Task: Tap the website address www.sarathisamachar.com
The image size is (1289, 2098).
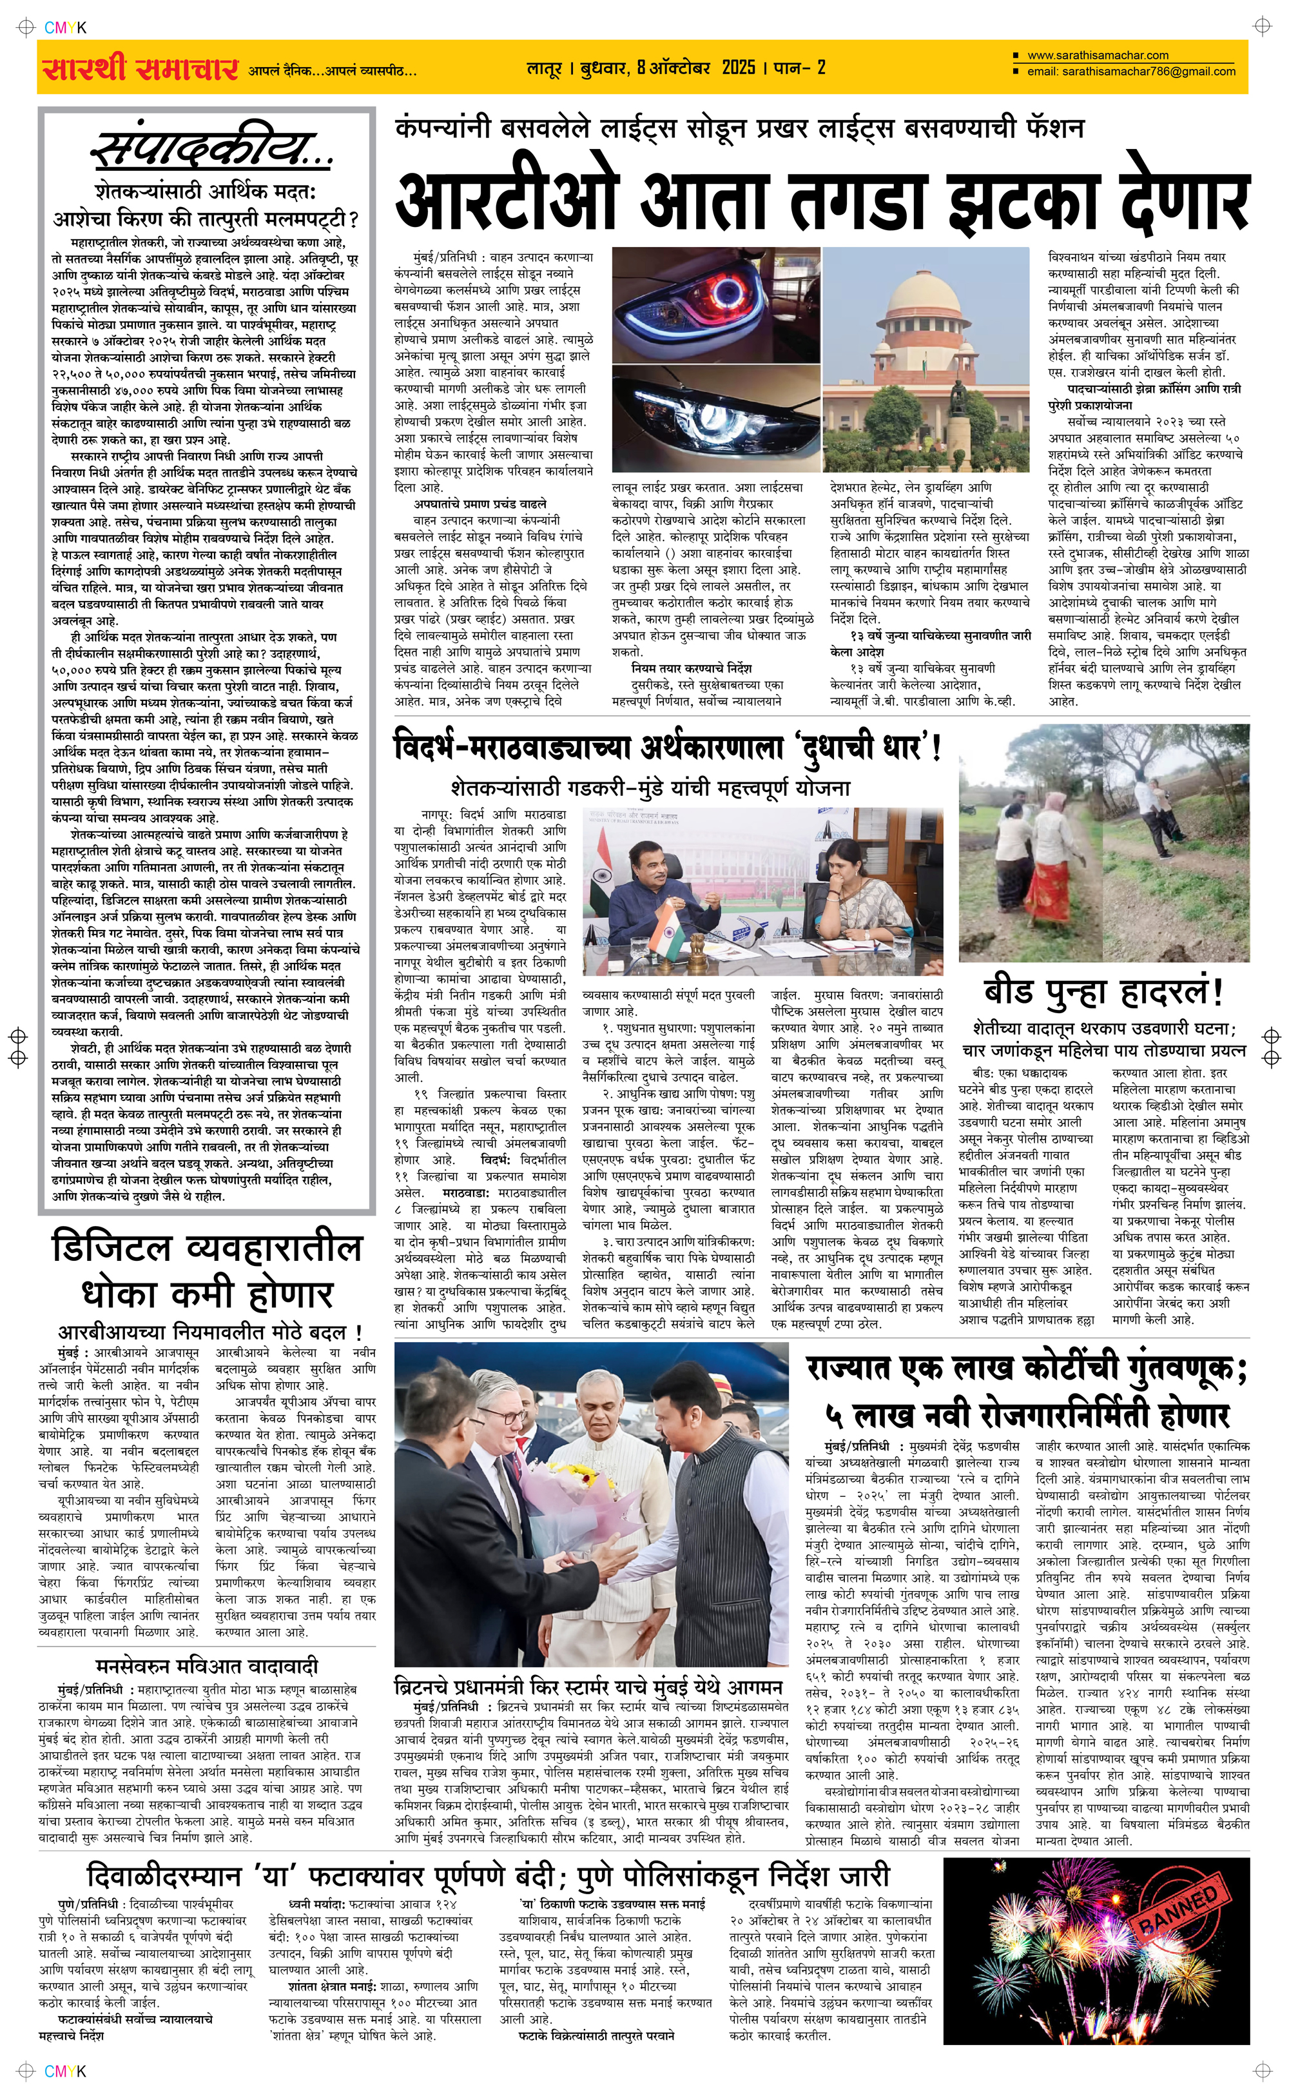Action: (1098, 55)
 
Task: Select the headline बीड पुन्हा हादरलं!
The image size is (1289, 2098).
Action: (1103, 992)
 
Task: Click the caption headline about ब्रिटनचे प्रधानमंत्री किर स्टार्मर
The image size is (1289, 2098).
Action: (588, 1687)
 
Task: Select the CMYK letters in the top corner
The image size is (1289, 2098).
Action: (65, 27)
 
